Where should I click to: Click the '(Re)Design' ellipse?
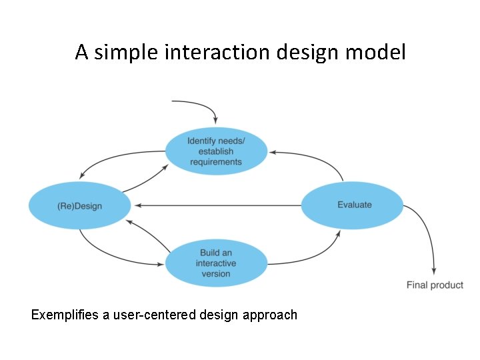pos(79,206)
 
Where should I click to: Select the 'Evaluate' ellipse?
pos(353,205)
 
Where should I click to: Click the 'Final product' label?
pos(435,285)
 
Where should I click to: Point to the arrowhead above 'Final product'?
pos(434,271)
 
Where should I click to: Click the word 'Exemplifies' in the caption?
pos(65,315)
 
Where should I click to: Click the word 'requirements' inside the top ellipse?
pos(215,162)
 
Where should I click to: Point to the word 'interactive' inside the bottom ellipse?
pos(215,263)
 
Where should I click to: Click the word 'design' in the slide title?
pos(309,52)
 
